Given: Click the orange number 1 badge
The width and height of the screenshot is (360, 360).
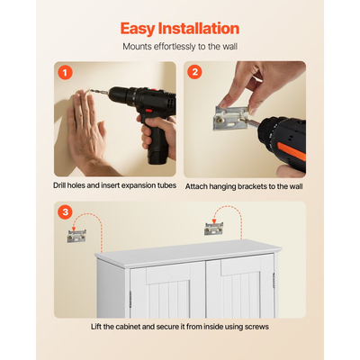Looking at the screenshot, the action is (65, 72).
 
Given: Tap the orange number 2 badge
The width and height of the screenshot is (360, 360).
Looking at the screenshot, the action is (194, 72).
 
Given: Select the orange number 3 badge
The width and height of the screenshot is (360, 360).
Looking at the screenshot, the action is (65, 212).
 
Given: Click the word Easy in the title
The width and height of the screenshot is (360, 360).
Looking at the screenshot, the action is (138, 29).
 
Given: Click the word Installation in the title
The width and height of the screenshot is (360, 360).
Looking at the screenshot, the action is (199, 28).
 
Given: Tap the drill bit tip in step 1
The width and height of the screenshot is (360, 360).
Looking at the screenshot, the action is (88, 90).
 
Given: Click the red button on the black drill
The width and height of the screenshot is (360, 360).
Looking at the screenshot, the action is (148, 111).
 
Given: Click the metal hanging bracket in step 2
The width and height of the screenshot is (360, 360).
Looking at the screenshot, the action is (231, 119).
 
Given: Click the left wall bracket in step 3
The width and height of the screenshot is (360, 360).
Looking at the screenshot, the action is (76, 236).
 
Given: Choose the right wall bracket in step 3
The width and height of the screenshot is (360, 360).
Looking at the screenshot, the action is (214, 229).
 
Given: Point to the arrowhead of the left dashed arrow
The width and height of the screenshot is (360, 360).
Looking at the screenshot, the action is (74, 229).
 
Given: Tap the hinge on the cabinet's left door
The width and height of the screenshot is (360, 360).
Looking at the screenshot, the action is (130, 300).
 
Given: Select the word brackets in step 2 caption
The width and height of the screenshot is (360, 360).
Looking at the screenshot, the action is (252, 186).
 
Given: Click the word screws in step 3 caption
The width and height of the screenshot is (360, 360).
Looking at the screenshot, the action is (256, 327).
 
